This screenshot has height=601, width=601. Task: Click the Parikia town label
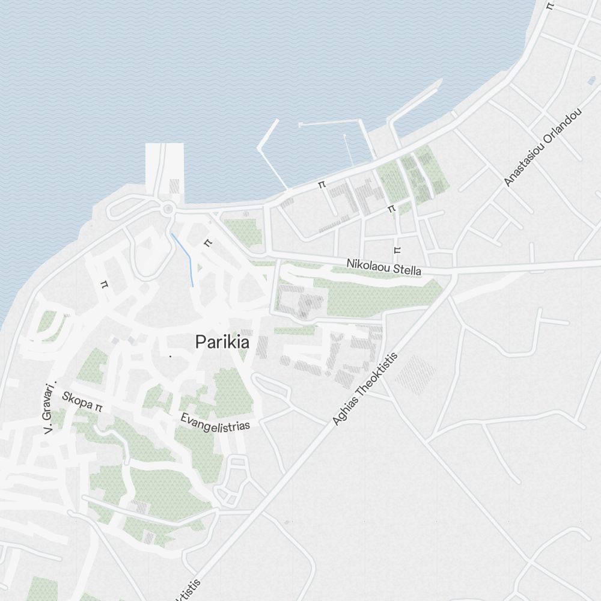click(222, 343)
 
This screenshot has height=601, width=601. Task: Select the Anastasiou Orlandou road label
click(543, 147)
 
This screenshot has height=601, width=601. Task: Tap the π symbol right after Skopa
click(99, 408)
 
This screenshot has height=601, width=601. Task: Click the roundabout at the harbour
click(168, 209)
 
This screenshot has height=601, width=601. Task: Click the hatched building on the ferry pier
click(174, 186)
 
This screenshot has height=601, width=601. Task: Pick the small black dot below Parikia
click(170, 356)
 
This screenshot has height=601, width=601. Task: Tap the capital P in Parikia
click(200, 343)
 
